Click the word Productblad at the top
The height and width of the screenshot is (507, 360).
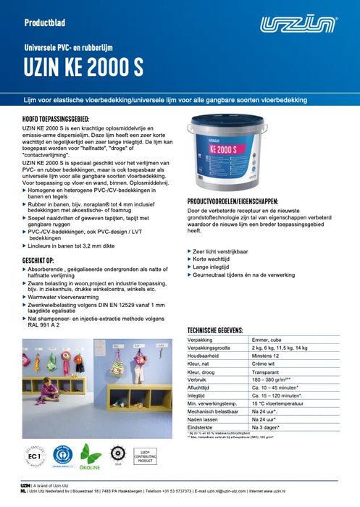(x=47, y=22)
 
